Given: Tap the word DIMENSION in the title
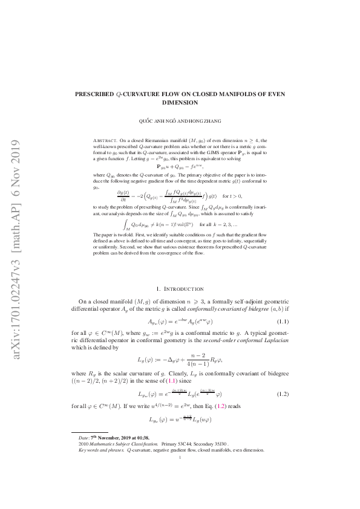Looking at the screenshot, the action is [180, 103].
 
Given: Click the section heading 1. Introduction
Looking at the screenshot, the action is [180, 290].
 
